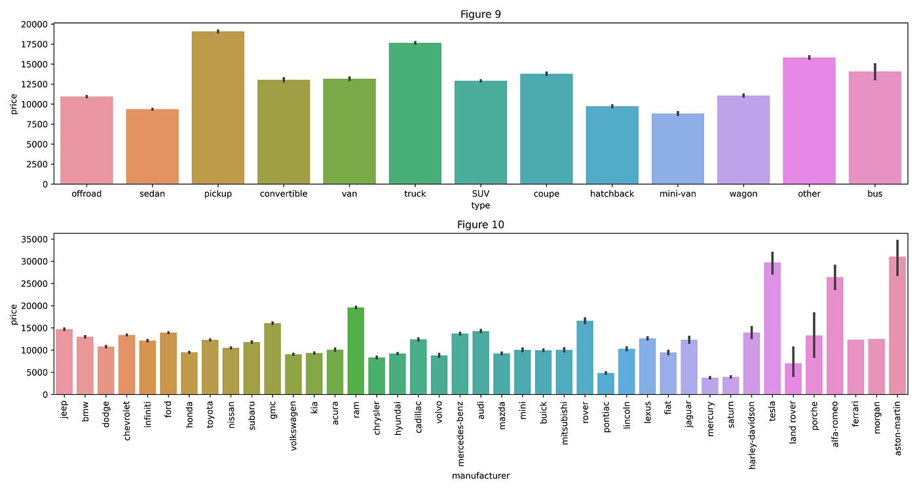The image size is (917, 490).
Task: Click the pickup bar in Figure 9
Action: click(x=218, y=108)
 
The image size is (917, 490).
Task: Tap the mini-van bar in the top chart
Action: click(x=677, y=149)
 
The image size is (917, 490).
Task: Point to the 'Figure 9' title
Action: click(x=480, y=14)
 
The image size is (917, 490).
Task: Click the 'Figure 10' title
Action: click(x=480, y=225)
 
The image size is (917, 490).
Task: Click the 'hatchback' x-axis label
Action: click(x=612, y=194)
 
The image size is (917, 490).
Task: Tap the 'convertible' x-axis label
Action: click(x=284, y=194)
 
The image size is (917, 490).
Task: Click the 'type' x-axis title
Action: click(x=480, y=205)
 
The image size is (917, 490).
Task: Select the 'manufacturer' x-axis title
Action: click(x=480, y=476)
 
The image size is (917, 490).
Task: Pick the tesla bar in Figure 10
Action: click(x=772, y=328)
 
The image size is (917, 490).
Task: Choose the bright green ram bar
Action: click(x=356, y=351)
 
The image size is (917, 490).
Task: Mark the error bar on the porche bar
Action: click(x=814, y=335)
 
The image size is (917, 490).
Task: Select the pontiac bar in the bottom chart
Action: click(x=606, y=383)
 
